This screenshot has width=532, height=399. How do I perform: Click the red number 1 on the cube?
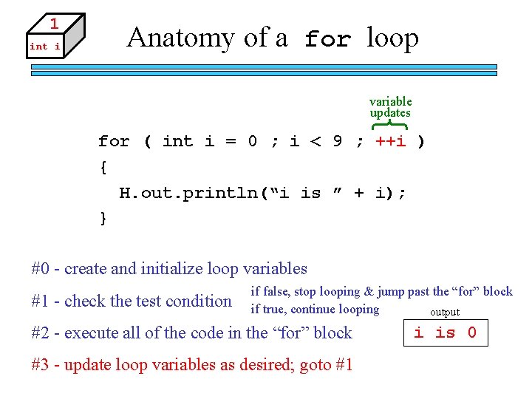tap(54, 23)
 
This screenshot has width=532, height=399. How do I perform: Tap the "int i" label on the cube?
tap(44, 47)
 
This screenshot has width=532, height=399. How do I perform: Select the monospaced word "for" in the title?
tap(327, 39)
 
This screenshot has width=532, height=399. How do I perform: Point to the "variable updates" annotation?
tap(390, 107)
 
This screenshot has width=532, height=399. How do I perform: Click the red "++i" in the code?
tap(391, 140)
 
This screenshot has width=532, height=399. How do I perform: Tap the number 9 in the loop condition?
tap(337, 140)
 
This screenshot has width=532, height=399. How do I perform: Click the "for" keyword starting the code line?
tap(114, 140)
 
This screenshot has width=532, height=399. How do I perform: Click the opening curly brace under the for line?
tap(103, 168)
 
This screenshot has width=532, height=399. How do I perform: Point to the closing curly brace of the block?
tap(103, 219)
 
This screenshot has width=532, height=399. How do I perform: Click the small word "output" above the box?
tap(445, 313)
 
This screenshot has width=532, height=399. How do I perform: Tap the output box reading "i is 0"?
tap(446, 332)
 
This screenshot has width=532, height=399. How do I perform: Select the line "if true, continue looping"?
tap(315, 310)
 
